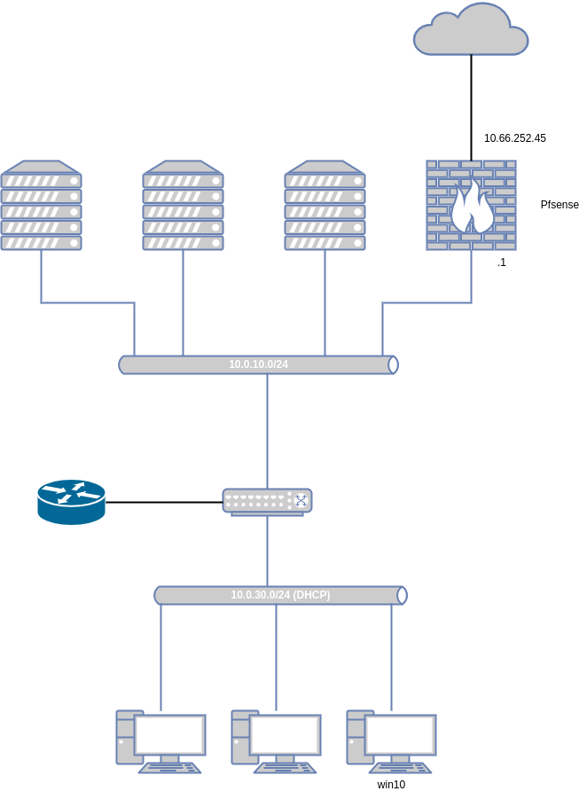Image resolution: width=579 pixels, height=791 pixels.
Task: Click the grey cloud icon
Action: tap(471, 33)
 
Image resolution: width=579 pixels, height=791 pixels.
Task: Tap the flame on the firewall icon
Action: tap(471, 208)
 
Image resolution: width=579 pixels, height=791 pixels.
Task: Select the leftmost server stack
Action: tap(41, 206)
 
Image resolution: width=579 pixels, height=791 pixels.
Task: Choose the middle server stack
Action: tap(183, 206)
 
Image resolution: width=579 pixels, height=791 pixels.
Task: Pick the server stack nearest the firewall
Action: tap(325, 206)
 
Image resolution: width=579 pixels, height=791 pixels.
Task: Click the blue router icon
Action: tap(71, 502)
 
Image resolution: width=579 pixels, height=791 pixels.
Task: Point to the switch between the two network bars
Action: tap(267, 501)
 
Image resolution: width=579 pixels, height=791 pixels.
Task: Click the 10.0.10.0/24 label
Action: tap(258, 364)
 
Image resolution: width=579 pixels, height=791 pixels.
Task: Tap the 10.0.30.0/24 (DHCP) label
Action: tap(280, 595)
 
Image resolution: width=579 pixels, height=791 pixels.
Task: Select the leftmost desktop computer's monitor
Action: tap(170, 735)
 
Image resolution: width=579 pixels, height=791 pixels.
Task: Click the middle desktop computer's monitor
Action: tap(286, 735)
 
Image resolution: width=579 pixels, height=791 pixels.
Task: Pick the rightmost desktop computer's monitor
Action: tap(401, 735)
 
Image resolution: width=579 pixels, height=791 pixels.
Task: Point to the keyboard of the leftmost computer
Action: tap(169, 768)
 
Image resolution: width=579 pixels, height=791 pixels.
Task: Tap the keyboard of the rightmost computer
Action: tap(400, 768)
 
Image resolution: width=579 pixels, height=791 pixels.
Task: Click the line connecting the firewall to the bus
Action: tap(426, 302)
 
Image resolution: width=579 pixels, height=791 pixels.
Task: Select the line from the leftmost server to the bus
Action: tap(89, 302)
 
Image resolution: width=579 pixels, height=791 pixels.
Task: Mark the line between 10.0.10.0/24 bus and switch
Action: tap(267, 430)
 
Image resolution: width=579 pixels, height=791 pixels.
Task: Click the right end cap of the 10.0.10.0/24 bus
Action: tap(393, 364)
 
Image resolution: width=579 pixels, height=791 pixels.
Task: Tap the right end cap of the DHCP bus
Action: tap(402, 595)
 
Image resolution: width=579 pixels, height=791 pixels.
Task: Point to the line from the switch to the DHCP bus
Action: tap(267, 550)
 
